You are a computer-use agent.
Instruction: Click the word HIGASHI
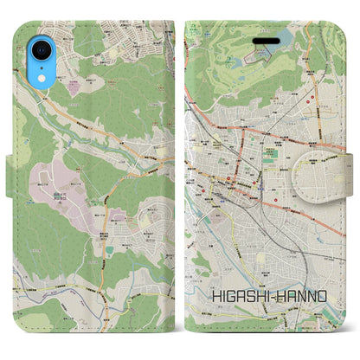point(236,296)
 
